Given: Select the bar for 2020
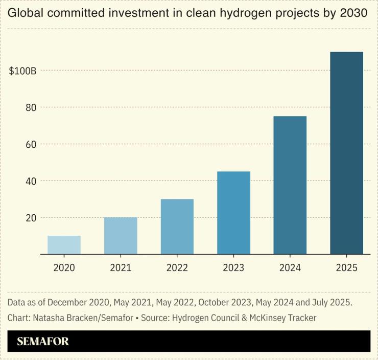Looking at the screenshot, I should pos(64,245).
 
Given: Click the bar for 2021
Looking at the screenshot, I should pos(121,236).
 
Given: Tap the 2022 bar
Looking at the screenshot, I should pos(177,227).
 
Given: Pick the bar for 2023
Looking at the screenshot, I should pos(233,213).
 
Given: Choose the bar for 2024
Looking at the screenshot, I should pos(290,185).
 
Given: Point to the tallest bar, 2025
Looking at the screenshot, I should pos(346,153).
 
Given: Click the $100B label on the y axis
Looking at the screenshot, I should pos(22,71).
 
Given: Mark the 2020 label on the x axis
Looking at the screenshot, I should pos(64,267).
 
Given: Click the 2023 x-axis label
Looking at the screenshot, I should pos(233,267).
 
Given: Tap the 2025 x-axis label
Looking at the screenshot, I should pos(346,267).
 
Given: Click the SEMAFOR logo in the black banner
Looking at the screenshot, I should pos(42,342).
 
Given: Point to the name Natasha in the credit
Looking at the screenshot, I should pos(49,318).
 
